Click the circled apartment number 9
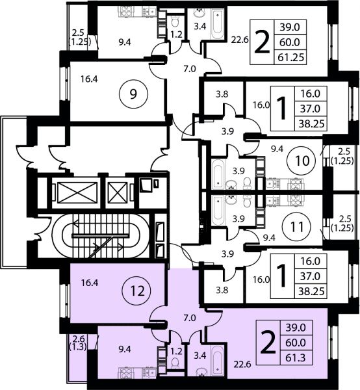133,94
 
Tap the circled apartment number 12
137,291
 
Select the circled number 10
302,161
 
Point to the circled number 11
296,227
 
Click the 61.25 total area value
290,57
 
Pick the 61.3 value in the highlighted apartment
296,358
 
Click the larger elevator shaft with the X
77,192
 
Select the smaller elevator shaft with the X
118,192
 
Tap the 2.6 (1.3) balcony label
79,343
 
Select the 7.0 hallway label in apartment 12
190,318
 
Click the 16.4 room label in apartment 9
89,79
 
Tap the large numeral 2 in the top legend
262,43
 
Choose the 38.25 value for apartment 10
311,123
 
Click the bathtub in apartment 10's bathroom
218,174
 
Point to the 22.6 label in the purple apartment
242,365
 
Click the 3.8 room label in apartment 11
222,290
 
